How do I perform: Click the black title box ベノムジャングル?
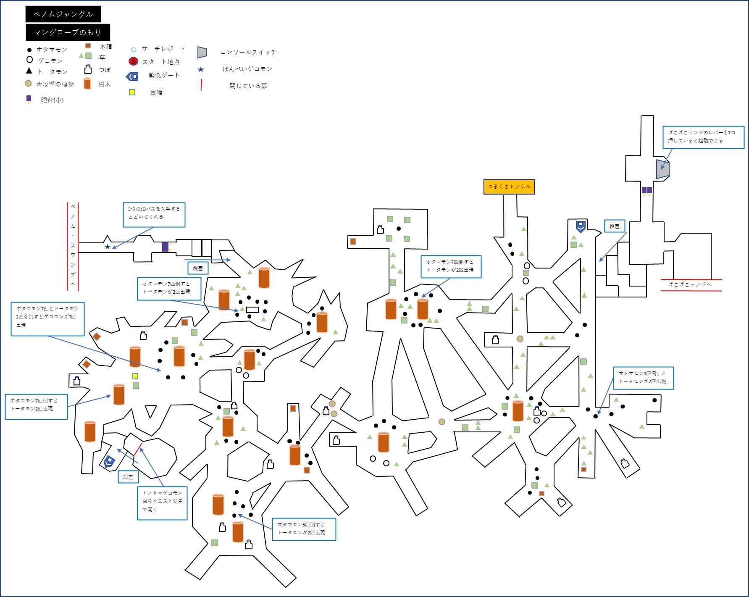(x=63, y=14)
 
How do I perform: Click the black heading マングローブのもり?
(x=68, y=32)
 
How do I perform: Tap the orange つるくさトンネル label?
(x=509, y=187)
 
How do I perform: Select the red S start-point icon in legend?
(x=133, y=61)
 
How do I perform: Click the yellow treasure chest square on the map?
(x=135, y=376)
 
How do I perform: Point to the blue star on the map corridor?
(x=108, y=247)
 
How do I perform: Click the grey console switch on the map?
(x=662, y=169)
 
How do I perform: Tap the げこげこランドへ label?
(x=690, y=284)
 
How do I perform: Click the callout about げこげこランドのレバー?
(x=703, y=137)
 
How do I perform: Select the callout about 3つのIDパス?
(x=154, y=215)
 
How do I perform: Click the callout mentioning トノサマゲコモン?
(x=162, y=503)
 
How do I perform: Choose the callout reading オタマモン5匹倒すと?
(x=304, y=529)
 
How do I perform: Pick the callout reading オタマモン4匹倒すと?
(x=643, y=378)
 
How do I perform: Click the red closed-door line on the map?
(x=138, y=448)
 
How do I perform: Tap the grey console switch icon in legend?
(x=202, y=52)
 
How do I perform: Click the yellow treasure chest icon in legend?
(x=132, y=92)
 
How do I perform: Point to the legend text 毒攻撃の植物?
(x=55, y=84)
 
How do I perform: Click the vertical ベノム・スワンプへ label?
(x=73, y=246)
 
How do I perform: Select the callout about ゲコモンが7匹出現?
(x=47, y=318)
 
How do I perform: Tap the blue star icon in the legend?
(x=201, y=69)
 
